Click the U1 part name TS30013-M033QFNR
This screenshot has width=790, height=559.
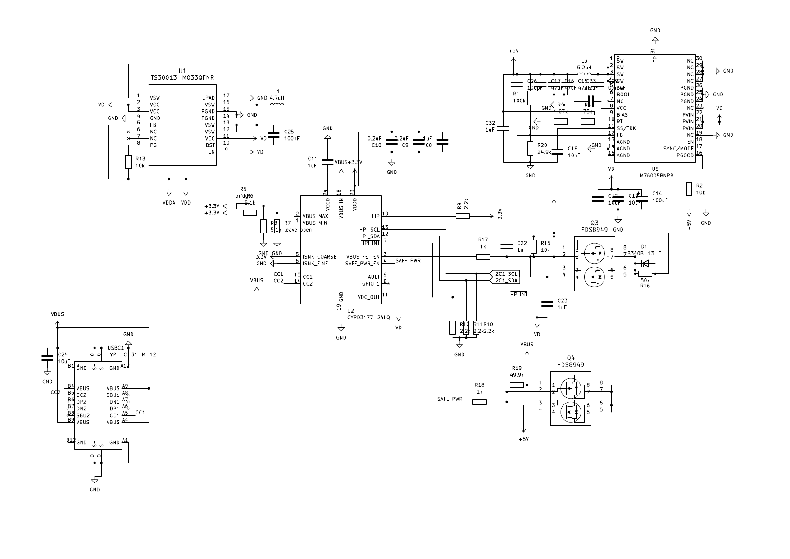(x=182, y=78)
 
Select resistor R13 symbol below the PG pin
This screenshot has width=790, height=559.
(x=128, y=162)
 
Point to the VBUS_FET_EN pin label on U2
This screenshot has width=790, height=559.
(x=363, y=257)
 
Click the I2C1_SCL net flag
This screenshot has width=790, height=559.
(x=504, y=274)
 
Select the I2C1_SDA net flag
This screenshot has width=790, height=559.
(x=504, y=281)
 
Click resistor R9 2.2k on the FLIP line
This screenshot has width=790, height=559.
(x=463, y=216)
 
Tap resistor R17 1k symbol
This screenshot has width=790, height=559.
(x=483, y=257)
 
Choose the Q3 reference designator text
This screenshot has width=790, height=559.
(x=594, y=223)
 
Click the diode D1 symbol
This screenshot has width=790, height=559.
(x=645, y=264)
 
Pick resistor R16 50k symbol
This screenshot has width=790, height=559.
(x=645, y=273)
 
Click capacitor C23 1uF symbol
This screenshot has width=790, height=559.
(x=547, y=304)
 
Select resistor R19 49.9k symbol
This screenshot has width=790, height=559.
(x=517, y=385)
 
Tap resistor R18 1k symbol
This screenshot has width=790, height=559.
(x=480, y=402)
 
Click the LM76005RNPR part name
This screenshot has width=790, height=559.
(x=655, y=176)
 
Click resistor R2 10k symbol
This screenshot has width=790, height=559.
(x=688, y=189)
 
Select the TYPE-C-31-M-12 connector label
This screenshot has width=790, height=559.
(x=132, y=354)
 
